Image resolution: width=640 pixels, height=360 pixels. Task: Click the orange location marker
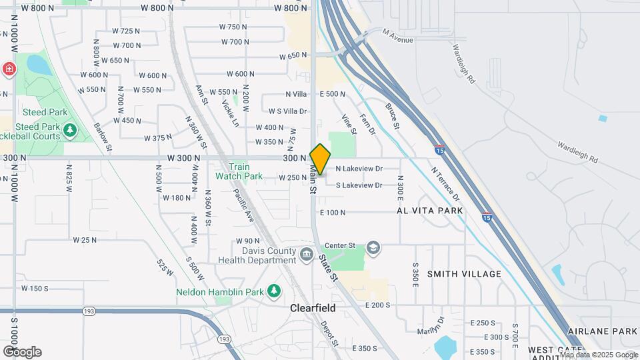click(320, 159)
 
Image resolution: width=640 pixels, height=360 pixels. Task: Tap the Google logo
click(22, 351)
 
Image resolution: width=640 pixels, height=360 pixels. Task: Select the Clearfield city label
click(313, 309)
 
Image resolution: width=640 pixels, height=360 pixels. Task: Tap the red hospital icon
click(9, 69)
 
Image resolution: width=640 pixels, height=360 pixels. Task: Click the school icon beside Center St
click(373, 248)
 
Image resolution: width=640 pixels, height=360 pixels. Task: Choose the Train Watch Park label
click(239, 172)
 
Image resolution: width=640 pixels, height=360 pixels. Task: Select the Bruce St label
click(392, 116)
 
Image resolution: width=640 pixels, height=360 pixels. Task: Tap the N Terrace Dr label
click(445, 184)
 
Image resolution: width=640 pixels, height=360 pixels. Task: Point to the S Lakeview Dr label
click(359, 185)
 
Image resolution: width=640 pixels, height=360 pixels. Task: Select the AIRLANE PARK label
click(603, 331)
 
